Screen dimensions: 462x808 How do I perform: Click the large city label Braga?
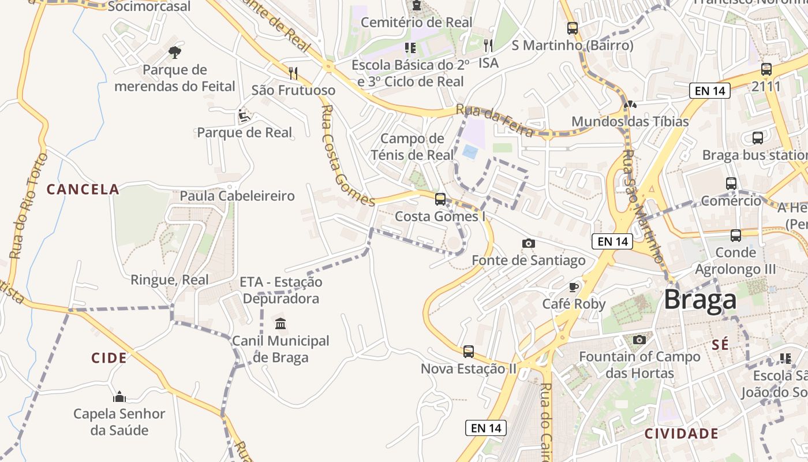tap(699, 300)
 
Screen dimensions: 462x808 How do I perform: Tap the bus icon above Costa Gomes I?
tap(440, 199)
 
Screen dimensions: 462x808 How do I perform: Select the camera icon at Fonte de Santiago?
tap(528, 244)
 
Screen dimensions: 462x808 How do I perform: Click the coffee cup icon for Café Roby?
tap(573, 287)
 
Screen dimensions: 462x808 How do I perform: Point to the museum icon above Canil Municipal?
tap(280, 323)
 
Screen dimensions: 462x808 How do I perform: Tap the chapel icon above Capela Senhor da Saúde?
tap(119, 397)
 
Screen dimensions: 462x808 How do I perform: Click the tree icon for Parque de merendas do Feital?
tap(175, 53)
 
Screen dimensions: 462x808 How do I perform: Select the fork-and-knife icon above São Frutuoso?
tap(293, 73)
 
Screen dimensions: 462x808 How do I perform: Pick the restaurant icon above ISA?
tap(488, 46)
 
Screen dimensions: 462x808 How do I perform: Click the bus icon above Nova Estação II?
tap(469, 351)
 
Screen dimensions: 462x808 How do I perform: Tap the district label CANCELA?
tap(83, 189)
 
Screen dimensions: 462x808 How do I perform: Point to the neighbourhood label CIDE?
tap(109, 358)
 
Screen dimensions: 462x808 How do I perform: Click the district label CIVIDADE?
tap(682, 434)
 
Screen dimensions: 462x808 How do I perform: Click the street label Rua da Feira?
tap(494, 121)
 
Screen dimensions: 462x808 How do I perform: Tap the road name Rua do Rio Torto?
tap(27, 206)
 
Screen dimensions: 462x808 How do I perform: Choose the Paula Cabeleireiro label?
tap(237, 196)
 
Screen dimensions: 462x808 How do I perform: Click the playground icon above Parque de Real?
tap(244, 116)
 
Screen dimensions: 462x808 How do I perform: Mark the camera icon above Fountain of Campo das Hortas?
tap(639, 340)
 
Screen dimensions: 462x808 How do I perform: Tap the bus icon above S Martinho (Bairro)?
tap(572, 28)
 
